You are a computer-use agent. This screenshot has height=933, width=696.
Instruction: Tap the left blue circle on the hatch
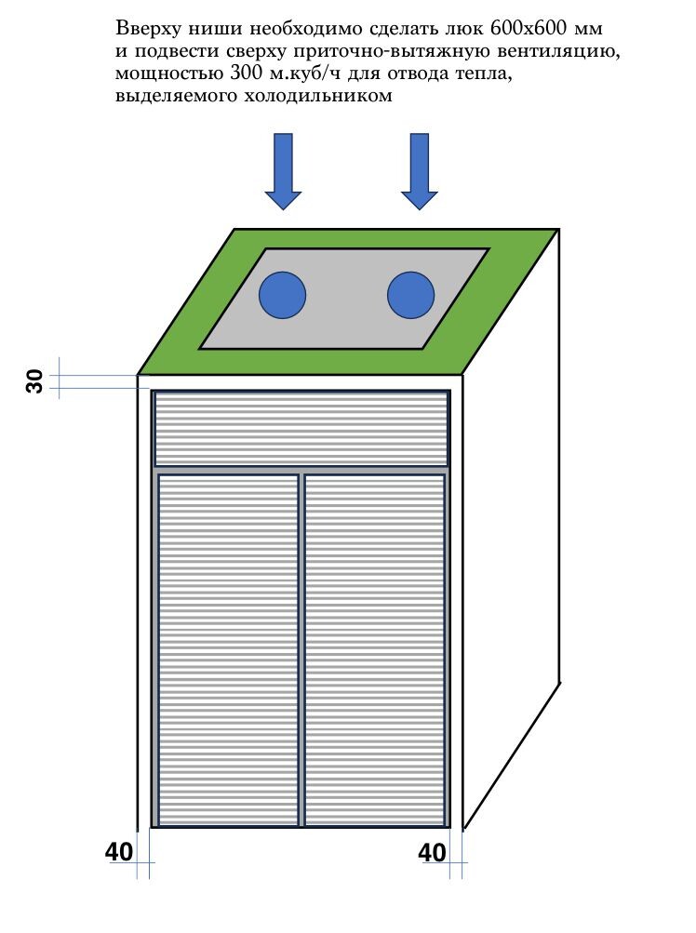click(282, 295)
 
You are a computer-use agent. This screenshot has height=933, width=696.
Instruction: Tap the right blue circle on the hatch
click(410, 295)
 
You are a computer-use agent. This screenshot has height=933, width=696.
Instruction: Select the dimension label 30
click(35, 380)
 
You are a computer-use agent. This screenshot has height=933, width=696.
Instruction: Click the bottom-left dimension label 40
click(117, 852)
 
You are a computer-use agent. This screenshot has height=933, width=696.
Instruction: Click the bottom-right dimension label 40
click(432, 852)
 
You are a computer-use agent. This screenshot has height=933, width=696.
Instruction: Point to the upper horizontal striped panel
click(301, 429)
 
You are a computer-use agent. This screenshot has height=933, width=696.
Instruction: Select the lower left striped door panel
click(229, 649)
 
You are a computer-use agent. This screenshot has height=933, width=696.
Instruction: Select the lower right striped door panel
click(374, 649)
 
